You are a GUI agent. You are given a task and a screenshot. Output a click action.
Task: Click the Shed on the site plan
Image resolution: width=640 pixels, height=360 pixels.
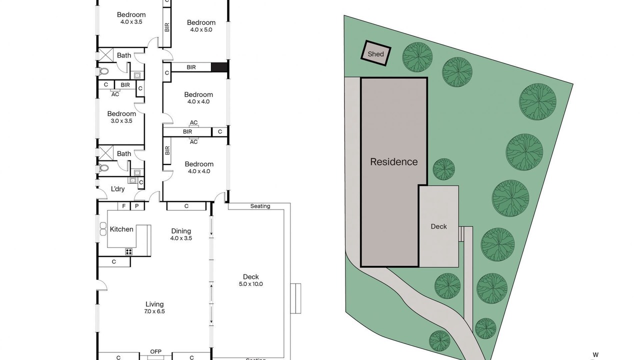pyautogui.click(x=375, y=53)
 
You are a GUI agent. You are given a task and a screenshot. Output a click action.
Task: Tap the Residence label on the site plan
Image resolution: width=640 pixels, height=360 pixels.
pyautogui.click(x=393, y=161)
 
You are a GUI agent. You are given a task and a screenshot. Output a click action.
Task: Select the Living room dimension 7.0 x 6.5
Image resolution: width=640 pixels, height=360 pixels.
pyautogui.click(x=154, y=311)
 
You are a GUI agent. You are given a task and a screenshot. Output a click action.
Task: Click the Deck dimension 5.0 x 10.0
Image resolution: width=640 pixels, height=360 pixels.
pyautogui.click(x=251, y=284)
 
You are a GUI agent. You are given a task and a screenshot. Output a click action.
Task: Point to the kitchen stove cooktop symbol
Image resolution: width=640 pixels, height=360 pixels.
pyautogui.click(x=129, y=251)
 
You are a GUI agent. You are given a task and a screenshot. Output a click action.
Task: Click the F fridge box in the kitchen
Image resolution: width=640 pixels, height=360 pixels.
pyautogui.click(x=124, y=206)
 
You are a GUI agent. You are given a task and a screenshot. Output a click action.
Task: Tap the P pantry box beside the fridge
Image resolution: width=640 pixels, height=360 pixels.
pyautogui.click(x=137, y=206)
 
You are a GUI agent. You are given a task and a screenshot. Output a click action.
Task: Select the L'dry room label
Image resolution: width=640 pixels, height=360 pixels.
pyautogui.click(x=117, y=189)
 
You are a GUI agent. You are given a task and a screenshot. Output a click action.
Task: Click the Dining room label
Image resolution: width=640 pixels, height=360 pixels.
pyautogui.click(x=181, y=231)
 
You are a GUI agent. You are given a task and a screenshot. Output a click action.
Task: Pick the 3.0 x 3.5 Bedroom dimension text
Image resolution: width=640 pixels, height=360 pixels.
pyautogui.click(x=121, y=121)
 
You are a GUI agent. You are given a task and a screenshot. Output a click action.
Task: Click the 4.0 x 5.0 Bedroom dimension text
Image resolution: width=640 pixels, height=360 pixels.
pyautogui.click(x=201, y=29)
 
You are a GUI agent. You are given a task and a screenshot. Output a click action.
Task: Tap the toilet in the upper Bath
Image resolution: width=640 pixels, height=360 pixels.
pyautogui.click(x=103, y=71)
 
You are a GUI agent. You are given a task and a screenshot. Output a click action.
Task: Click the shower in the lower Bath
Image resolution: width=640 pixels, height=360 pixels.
pyautogui.click(x=105, y=152)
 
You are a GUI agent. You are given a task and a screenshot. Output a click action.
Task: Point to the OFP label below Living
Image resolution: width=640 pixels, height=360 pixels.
pyautogui.click(x=155, y=351)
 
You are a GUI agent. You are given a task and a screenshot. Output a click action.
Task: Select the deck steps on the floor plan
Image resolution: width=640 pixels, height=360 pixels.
pyautogui.click(x=295, y=298)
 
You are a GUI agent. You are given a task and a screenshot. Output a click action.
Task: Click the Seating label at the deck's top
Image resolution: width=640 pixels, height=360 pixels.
pyautogui.click(x=260, y=206)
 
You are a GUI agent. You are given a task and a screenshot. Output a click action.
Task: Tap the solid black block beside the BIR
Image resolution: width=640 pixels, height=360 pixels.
pyautogui.click(x=219, y=67)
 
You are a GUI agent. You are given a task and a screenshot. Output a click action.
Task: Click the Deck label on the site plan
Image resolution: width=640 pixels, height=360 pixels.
pyautogui.click(x=438, y=226)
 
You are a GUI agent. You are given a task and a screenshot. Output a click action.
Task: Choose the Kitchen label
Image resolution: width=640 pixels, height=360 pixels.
pyautogui.click(x=121, y=229)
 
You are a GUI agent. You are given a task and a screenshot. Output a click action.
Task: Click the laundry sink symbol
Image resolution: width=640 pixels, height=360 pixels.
pyautogui.click(x=132, y=180)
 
